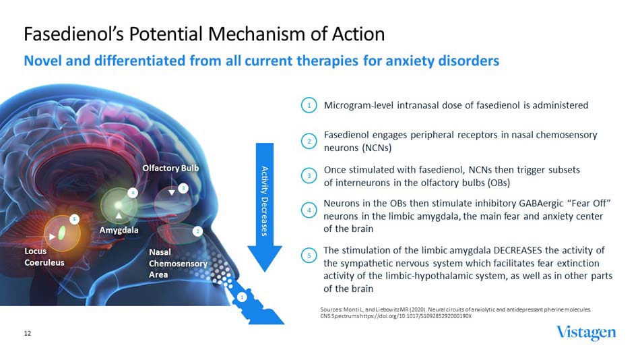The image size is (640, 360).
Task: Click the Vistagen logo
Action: pyautogui.click(x=585, y=333)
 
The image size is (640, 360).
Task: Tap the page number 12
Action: pyautogui.click(x=28, y=333)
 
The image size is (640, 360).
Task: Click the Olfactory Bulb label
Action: pyautogui.click(x=171, y=167)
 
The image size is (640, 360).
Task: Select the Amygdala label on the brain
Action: pyautogui.click(x=119, y=230)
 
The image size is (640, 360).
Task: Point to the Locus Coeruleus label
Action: pyautogui.click(x=44, y=256)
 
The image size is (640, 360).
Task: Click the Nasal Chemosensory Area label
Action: pyautogui.click(x=177, y=263)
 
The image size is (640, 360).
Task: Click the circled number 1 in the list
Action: pyautogui.click(x=309, y=106)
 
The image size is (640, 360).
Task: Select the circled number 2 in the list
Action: pyautogui.click(x=309, y=141)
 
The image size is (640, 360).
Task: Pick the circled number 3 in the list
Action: pyautogui.click(x=309, y=176)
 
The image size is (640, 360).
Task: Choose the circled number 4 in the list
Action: pyautogui.click(x=309, y=210)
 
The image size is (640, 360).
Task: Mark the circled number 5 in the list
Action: pyautogui.click(x=309, y=256)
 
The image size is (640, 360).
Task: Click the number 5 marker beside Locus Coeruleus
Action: pyautogui.click(x=75, y=219)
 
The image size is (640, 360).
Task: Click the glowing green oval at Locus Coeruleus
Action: pyautogui.click(x=63, y=233)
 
